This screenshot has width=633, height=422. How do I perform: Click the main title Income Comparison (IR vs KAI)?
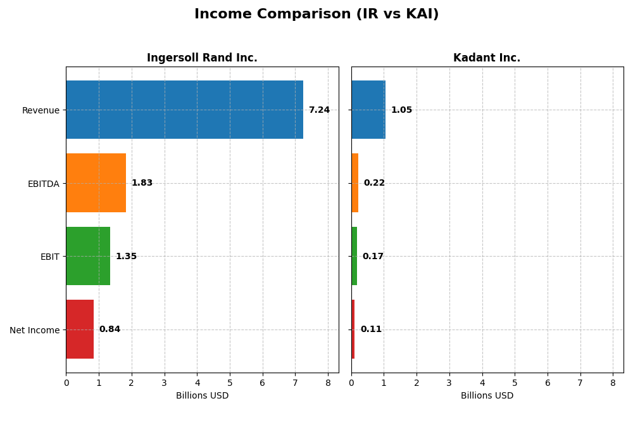pyautogui.click(x=316, y=15)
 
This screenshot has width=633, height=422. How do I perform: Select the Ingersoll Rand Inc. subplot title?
pyautogui.click(x=202, y=58)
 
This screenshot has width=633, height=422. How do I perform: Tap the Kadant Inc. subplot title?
pyautogui.click(x=487, y=58)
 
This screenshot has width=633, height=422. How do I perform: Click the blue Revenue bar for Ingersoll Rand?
pyautogui.click(x=184, y=110)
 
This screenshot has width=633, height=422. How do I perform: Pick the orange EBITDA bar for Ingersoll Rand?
pyautogui.click(x=96, y=183)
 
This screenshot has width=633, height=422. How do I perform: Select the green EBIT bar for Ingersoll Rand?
pyautogui.click(x=88, y=256)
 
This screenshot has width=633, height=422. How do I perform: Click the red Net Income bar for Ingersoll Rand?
pyautogui.click(x=80, y=329)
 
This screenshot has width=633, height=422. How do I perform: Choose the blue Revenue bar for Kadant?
pyautogui.click(x=368, y=110)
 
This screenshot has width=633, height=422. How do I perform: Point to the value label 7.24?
pyautogui.click(x=319, y=110)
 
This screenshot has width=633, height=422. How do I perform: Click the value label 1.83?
pyautogui.click(x=142, y=183)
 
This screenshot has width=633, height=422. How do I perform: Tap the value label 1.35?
pyautogui.click(x=126, y=257)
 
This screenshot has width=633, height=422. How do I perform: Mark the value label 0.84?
pyautogui.click(x=110, y=329)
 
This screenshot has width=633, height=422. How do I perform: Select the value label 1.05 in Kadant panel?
pyautogui.click(x=401, y=110)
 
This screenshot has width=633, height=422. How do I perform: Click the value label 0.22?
pyautogui.click(x=374, y=183)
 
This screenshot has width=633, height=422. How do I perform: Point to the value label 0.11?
pyautogui.click(x=371, y=329)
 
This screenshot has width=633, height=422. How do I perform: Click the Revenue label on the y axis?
pyautogui.click(x=41, y=110)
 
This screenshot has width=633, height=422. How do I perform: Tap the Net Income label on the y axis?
pyautogui.click(x=35, y=330)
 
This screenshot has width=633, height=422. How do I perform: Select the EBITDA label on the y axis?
pyautogui.click(x=44, y=184)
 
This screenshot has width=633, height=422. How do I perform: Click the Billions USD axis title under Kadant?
pyautogui.click(x=487, y=396)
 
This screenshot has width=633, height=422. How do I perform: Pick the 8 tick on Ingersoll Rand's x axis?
pyautogui.click(x=328, y=383)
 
